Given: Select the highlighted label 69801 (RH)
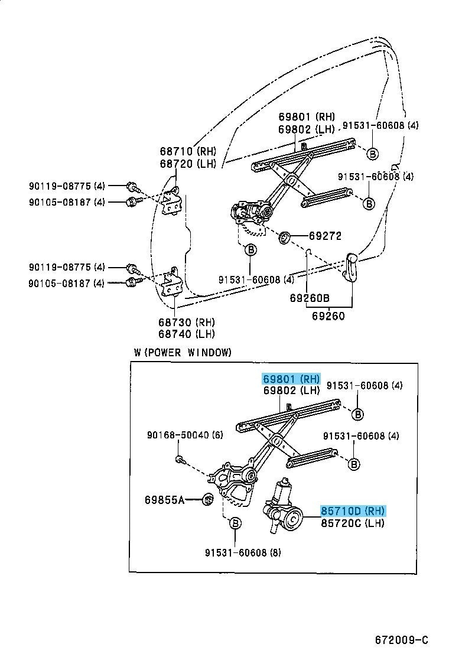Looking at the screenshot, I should tap(291, 378).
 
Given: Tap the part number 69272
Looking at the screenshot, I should tap(325, 236).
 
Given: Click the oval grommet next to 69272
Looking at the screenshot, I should tap(284, 238).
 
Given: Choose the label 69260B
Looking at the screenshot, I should tap(309, 298).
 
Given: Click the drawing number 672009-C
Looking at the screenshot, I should tap(401, 640).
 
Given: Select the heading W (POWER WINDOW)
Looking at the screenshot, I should tap(183, 353).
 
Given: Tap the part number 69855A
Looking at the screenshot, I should tap(164, 500).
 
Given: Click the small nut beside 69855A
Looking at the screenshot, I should tap(207, 500).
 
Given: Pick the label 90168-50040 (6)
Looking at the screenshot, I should tap(186, 435).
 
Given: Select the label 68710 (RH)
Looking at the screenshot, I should tap(187, 151).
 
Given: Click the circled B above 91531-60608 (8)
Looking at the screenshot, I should tap(235, 523).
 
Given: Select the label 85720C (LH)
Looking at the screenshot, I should tap(353, 523).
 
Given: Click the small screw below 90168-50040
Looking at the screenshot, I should tap(178, 458).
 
